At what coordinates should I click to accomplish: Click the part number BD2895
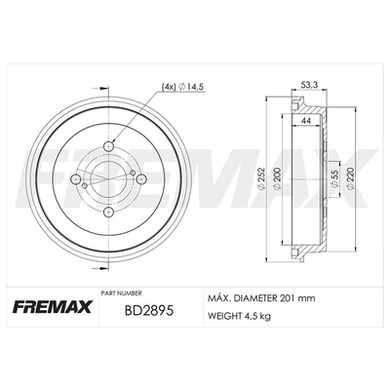(x=150, y=311)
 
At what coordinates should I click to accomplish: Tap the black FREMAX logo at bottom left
(x=53, y=306)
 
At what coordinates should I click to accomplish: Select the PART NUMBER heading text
(x=121, y=293)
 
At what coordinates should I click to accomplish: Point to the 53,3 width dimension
(x=309, y=85)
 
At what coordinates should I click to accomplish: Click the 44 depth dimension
(x=305, y=120)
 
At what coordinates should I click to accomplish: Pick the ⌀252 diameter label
(x=262, y=178)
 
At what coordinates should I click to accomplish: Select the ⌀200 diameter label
(x=277, y=178)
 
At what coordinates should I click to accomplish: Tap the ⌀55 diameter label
(x=335, y=179)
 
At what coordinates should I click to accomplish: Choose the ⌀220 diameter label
(x=350, y=178)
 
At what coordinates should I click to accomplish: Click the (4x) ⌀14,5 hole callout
(x=182, y=87)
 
